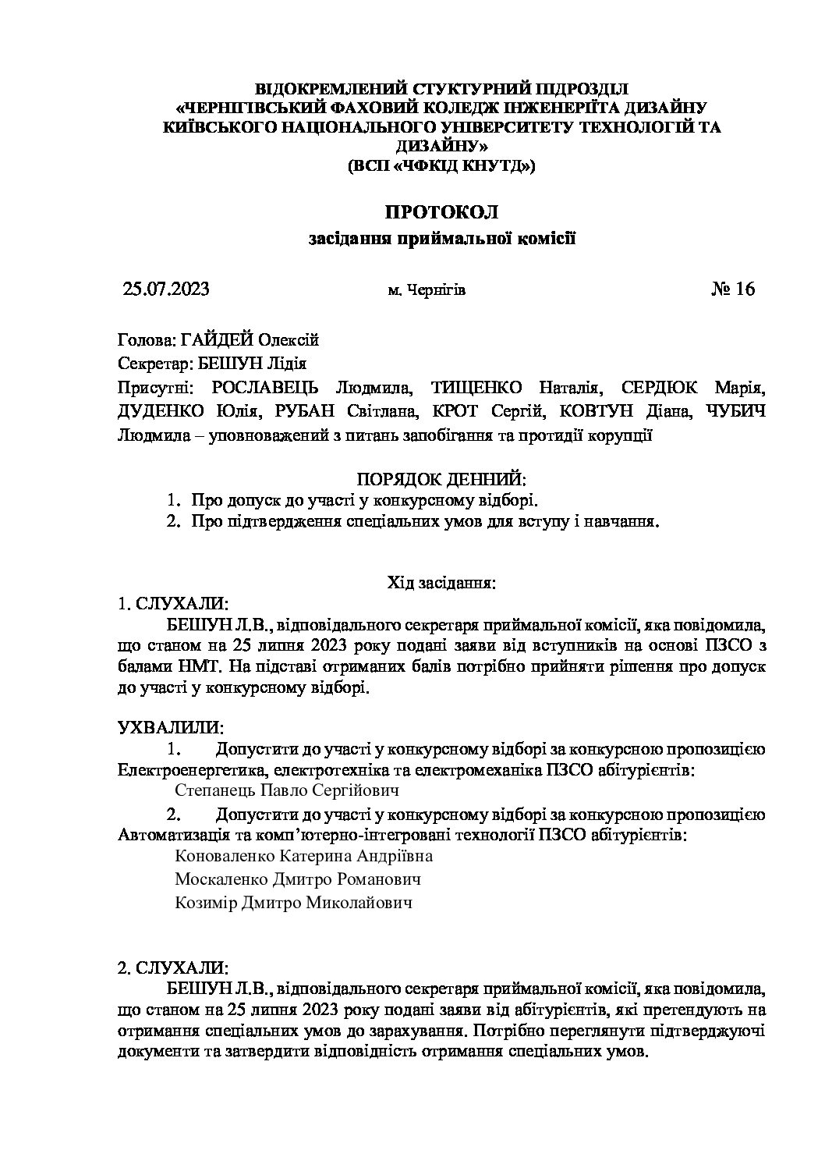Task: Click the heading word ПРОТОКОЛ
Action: coord(441,211)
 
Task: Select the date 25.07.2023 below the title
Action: coord(167,289)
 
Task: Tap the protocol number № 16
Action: coord(733,289)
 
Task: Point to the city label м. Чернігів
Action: coord(427,291)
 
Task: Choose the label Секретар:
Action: coord(148,364)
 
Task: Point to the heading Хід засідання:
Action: coord(441,583)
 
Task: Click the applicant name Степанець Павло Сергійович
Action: coord(287,790)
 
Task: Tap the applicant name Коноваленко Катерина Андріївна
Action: coord(304,856)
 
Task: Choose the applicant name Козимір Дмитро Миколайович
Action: coord(293,903)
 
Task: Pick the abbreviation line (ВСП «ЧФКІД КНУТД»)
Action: coord(441,165)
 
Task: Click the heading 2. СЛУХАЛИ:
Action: coord(172,968)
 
